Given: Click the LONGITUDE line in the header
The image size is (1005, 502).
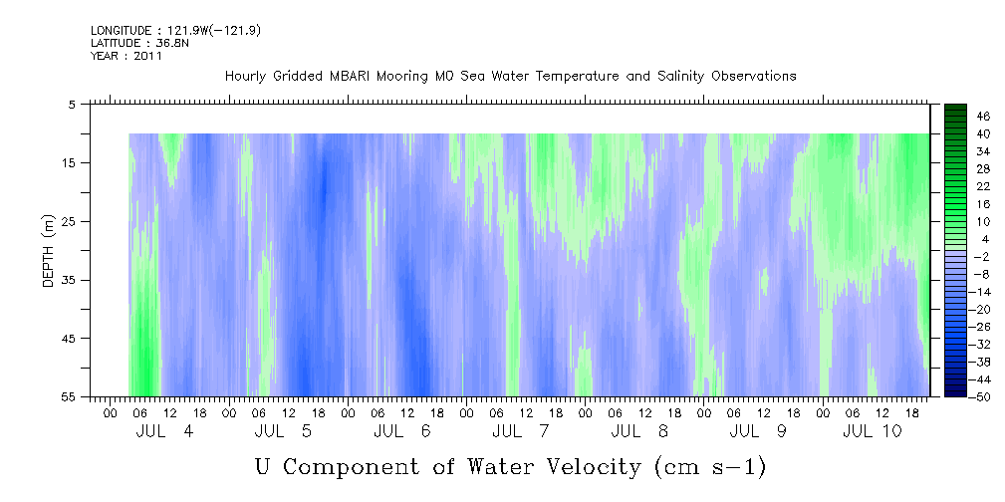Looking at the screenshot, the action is click(175, 30).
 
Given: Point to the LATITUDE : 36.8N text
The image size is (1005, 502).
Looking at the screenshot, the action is click(139, 43).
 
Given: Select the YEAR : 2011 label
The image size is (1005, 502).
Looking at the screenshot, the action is click(126, 56).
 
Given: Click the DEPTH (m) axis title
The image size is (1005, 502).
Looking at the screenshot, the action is click(49, 251).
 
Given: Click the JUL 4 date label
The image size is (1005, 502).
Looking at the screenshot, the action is click(164, 431).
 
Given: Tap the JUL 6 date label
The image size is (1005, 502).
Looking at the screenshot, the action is click(401, 431).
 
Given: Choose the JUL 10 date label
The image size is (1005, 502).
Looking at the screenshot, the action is click(873, 431).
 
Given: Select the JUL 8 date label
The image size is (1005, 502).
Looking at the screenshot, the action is click(639, 431).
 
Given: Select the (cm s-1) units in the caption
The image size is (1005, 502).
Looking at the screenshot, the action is click(710, 467).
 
